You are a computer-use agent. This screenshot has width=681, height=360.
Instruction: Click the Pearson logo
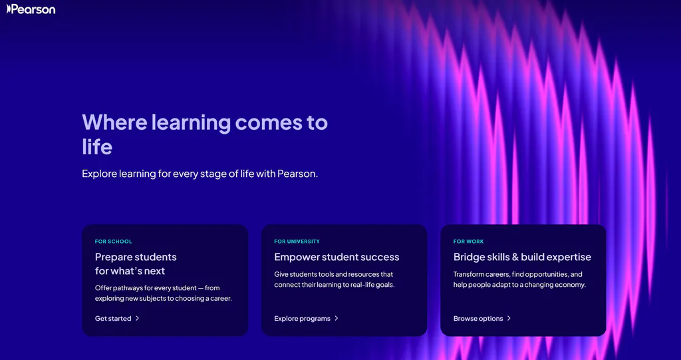click(x=31, y=9)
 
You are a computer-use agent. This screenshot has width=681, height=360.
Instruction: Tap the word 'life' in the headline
click(x=97, y=146)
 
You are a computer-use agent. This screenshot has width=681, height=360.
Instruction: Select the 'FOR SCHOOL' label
click(x=114, y=242)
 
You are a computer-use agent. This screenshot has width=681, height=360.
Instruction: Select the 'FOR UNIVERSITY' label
click(x=297, y=242)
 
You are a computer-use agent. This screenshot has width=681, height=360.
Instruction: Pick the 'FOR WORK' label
click(x=469, y=242)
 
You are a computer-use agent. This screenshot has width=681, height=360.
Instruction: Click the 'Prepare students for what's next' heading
click(x=136, y=264)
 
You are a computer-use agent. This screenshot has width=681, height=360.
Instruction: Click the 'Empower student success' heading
click(x=337, y=257)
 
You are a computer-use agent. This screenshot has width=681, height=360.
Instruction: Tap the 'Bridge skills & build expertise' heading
click(x=522, y=257)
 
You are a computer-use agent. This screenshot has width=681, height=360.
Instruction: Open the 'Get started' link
click(x=113, y=319)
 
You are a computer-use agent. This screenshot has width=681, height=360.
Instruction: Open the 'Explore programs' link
click(x=302, y=319)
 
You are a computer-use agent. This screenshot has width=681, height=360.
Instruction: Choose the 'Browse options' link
click(x=478, y=319)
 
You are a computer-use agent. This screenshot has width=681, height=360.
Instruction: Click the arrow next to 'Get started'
click(x=138, y=318)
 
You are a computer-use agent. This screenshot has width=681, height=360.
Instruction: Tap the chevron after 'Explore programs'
click(x=337, y=318)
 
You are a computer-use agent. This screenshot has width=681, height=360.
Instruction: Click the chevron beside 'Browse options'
click(x=509, y=318)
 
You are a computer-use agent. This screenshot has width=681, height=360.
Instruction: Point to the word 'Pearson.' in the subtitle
click(x=298, y=174)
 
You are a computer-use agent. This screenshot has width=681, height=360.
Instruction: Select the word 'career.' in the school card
click(x=219, y=298)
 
